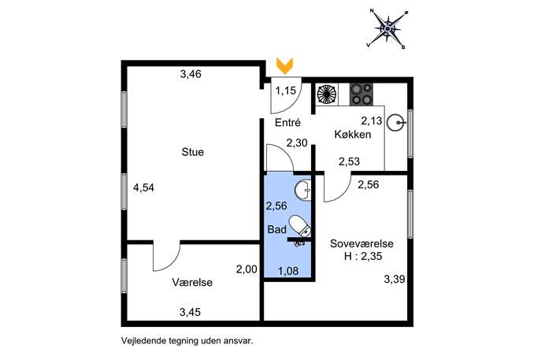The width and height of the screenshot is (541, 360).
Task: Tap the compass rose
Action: pos(387,28)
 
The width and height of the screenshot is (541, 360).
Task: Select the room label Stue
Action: pos(192,152)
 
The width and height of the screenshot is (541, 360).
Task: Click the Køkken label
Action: pos(353,134)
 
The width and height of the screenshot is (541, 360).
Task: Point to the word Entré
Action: pos(287,123)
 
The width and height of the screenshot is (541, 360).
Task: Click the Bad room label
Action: pos(276,229)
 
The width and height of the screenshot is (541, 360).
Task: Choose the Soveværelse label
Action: pos(361,243)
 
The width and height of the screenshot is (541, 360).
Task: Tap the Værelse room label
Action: pos(192,282)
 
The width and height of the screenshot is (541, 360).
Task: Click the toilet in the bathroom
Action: pos(300,226)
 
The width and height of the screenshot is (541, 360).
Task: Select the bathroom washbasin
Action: pos(303,189)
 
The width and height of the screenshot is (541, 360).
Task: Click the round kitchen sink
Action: pos(395,123)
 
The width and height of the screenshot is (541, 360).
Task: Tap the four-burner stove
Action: pos(361,95)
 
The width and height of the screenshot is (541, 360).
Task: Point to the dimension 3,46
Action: pos(191,74)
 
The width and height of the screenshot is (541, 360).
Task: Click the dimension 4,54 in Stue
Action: pos(143,187)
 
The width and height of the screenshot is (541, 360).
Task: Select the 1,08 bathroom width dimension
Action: pos(288,271)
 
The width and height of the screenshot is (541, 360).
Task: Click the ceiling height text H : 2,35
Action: pos(363,257)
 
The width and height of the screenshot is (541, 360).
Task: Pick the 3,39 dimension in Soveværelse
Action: pos(395,279)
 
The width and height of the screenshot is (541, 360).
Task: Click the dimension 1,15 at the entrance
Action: pos(286,91)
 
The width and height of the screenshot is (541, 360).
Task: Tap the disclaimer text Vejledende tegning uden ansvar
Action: pos(187,341)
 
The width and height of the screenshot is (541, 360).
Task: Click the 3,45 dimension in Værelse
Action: pos(190,312)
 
